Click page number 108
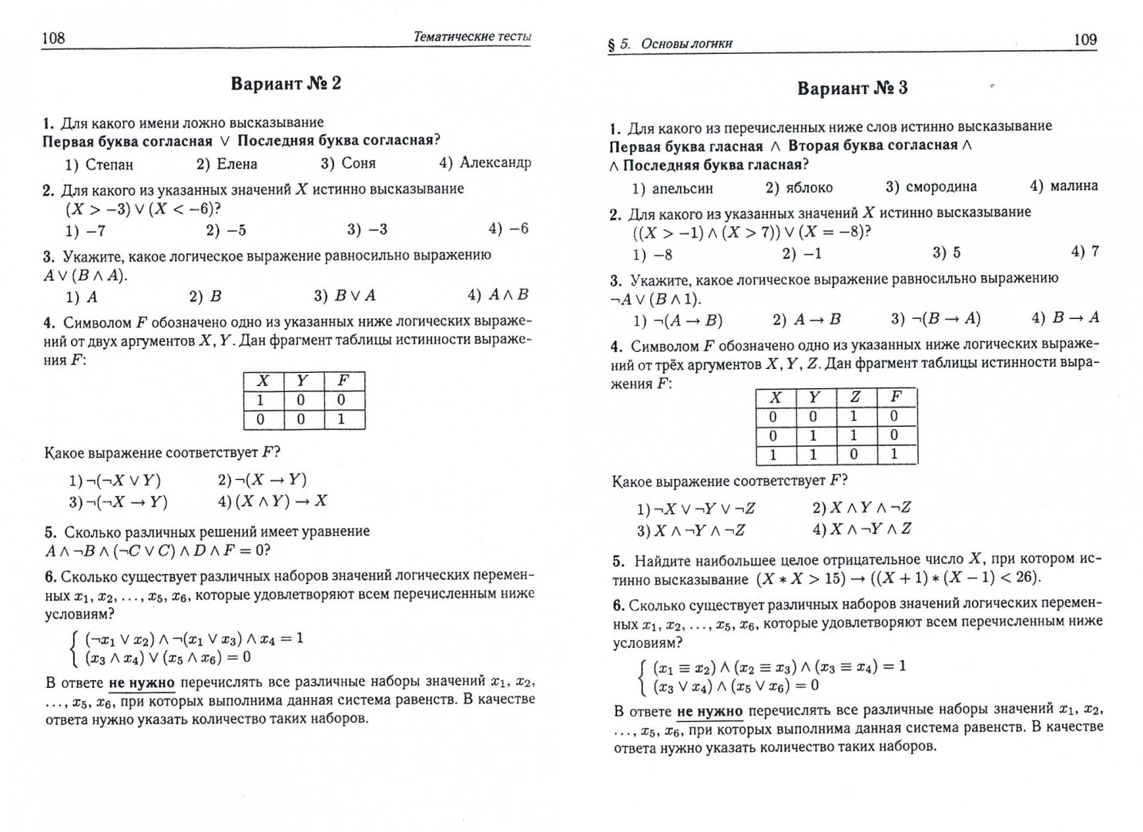53,38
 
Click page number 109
1084,39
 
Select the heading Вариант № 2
286,83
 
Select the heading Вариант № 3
852,88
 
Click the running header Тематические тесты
472,36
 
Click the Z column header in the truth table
856,397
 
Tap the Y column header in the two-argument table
302,380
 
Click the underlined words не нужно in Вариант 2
142,682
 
